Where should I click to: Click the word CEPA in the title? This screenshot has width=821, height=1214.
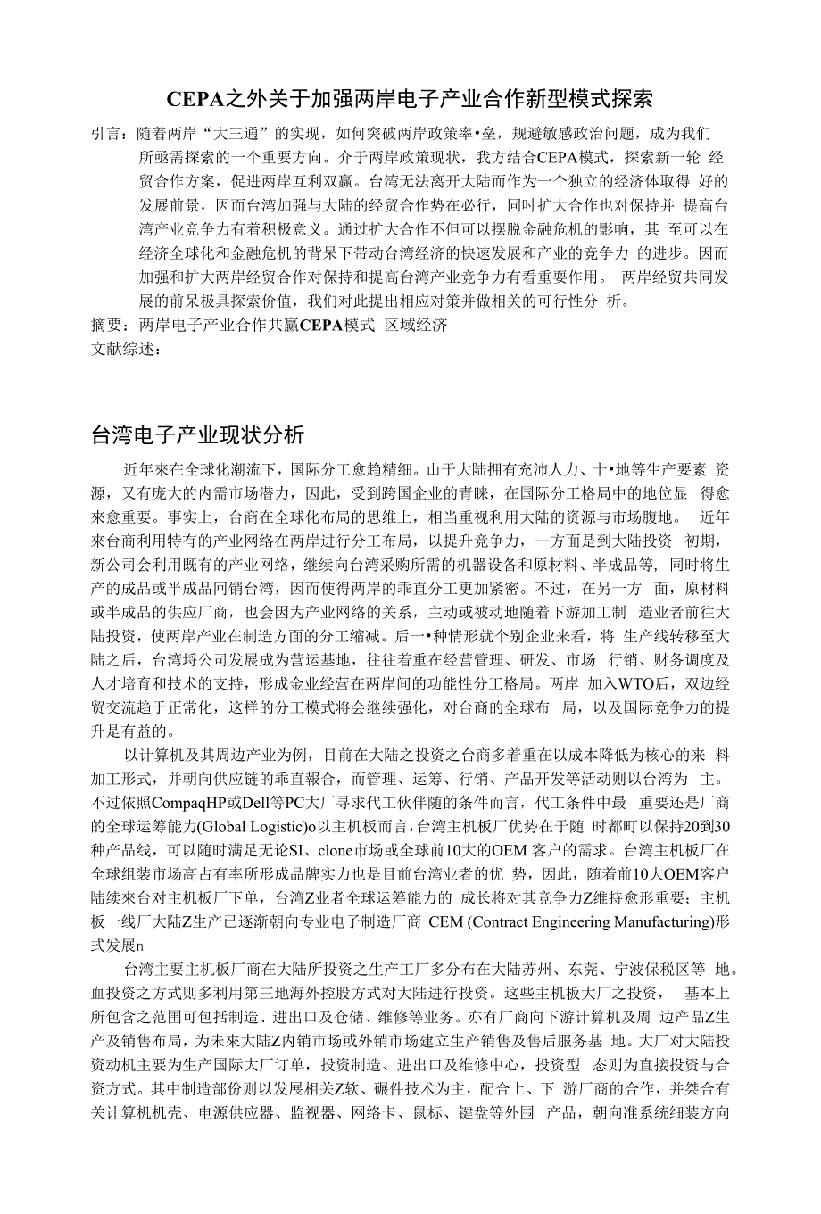pos(194,97)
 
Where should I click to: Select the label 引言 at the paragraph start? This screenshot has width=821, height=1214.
pos(108,134)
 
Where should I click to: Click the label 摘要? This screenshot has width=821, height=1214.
pos(108,326)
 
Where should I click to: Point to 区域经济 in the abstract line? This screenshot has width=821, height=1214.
pos(416,326)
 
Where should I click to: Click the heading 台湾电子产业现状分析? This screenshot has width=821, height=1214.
pos(197,434)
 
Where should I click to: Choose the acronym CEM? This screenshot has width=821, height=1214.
pos(445,921)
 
